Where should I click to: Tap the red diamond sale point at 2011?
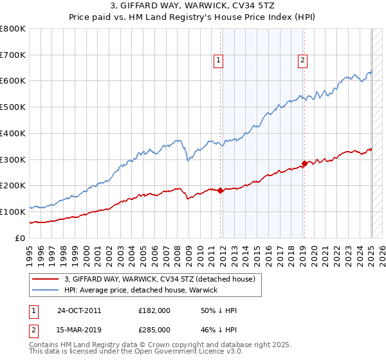pyautogui.click(x=221, y=190)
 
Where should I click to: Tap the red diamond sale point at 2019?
pyautogui.click(x=304, y=163)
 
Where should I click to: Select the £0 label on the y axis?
pyautogui.click(x=19, y=238)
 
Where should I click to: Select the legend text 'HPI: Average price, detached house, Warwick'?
pyautogui.click(x=141, y=290)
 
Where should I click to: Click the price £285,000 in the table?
pyautogui.click(x=154, y=330)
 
